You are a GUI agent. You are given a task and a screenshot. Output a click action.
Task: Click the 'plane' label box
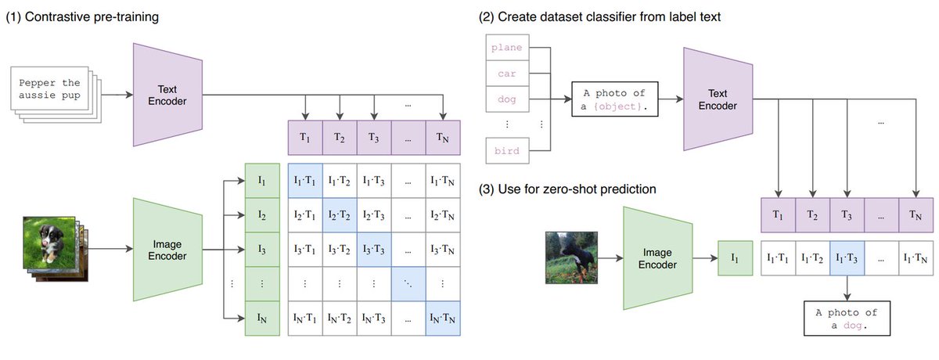click(507, 48)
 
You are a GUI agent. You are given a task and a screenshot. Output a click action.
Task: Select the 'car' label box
click(507, 74)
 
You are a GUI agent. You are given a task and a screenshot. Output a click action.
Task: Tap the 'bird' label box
click(507, 150)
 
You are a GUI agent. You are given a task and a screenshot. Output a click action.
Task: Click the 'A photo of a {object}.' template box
click(615, 99)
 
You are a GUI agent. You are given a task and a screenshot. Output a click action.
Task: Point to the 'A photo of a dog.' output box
click(847, 318)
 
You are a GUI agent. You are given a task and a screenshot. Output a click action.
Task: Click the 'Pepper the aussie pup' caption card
click(49, 88)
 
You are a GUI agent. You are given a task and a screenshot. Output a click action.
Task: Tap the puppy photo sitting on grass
click(49, 243)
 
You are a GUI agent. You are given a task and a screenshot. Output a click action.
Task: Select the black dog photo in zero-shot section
click(571, 257)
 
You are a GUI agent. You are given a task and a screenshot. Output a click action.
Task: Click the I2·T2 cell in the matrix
click(340, 215)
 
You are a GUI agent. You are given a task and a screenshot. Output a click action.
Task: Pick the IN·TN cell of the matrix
click(443, 319)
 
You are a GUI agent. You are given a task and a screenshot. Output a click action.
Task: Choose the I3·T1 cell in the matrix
click(305, 250)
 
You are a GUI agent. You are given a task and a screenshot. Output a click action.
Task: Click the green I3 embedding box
click(262, 250)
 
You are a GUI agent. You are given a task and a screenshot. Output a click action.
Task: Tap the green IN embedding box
click(262, 319)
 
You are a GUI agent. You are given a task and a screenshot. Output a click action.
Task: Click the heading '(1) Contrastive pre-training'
click(82, 16)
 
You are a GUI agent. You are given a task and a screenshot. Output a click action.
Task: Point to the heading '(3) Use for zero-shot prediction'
click(567, 189)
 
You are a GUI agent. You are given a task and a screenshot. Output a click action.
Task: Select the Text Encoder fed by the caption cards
click(167, 95)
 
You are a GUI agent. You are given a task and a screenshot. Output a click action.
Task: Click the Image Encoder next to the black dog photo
click(658, 258)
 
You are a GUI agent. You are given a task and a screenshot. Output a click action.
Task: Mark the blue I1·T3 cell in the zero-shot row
click(847, 258)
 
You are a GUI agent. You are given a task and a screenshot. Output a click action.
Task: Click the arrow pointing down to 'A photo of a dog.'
click(847, 288)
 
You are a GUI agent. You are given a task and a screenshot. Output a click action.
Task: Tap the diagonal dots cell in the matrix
click(408, 284)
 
